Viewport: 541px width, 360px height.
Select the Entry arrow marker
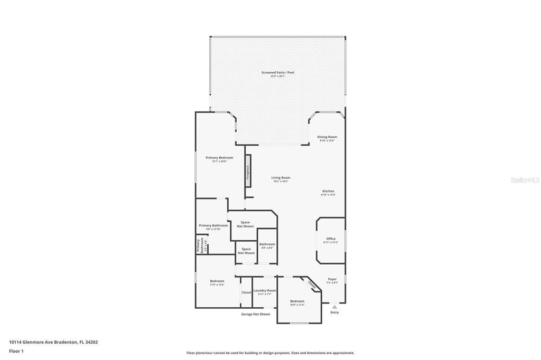tap(334, 307)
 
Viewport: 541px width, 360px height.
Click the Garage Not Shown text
tap(256, 314)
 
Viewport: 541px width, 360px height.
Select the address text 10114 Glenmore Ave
tap(53, 342)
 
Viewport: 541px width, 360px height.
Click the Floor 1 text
tap(16, 351)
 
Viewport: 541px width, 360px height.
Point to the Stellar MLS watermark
tap(525, 180)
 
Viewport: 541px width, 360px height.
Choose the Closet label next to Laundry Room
tap(246, 292)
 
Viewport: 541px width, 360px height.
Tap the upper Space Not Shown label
tap(245, 224)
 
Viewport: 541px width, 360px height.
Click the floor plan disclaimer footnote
tap(270, 353)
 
